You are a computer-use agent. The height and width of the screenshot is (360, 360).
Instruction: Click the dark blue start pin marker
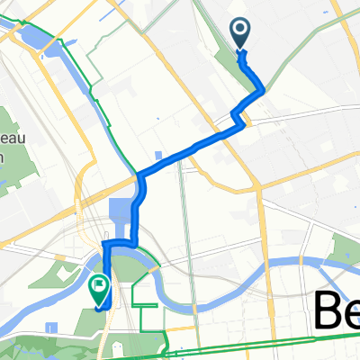242,33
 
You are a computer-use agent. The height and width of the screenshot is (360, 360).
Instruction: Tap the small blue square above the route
159,156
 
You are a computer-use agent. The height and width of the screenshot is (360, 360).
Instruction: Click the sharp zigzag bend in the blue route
238,115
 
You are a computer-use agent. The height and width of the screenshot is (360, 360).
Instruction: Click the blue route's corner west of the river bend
105,244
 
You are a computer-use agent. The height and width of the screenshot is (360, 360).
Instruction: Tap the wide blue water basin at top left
30,37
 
